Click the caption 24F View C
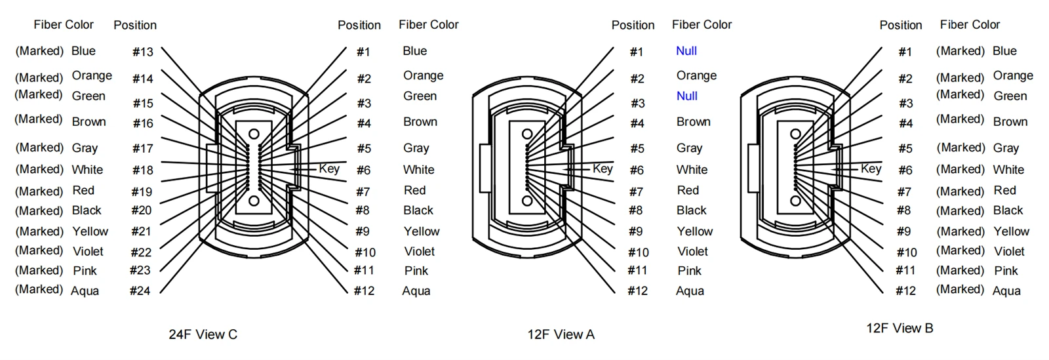(x=203, y=334)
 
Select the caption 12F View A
(x=561, y=334)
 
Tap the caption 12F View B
(x=900, y=328)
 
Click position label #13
(x=143, y=52)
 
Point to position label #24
(x=140, y=290)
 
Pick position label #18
(x=143, y=170)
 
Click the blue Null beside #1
(x=686, y=50)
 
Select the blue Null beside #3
(x=687, y=96)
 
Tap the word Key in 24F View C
(x=329, y=169)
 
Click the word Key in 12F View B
(x=871, y=169)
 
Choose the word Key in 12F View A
(x=603, y=169)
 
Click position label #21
(x=141, y=231)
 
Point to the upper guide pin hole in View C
(x=254, y=134)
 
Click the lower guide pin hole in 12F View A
(x=527, y=201)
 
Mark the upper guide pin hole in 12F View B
(x=795, y=134)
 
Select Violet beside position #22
(x=88, y=251)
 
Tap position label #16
(x=144, y=123)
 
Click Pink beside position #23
(x=85, y=271)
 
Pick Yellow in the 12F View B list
(x=1012, y=231)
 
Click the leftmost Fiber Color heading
(x=64, y=24)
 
